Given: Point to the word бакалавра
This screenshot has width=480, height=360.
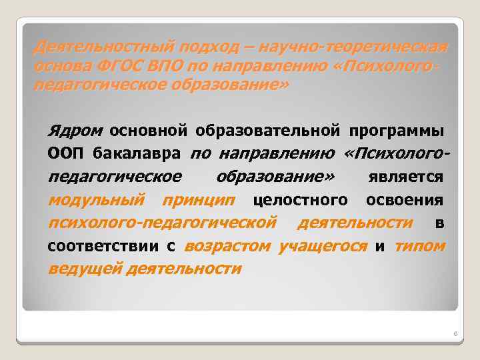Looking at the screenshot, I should (x=136, y=154).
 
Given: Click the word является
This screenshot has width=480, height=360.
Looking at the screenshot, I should (x=406, y=178).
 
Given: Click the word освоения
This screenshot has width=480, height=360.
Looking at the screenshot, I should (x=405, y=200).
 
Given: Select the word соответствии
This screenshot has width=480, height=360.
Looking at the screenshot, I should (x=105, y=247).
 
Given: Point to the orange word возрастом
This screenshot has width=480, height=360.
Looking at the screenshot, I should (x=227, y=246).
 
